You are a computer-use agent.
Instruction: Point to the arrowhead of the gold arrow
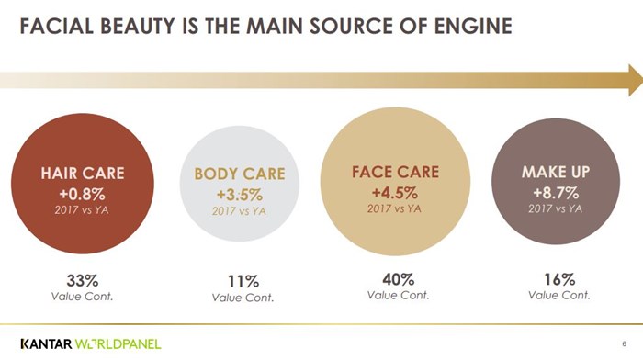(x=636, y=80)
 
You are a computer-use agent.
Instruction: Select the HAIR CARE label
(x=83, y=173)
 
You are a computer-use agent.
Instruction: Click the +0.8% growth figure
(x=83, y=194)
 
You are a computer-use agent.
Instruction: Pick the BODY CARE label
(x=240, y=174)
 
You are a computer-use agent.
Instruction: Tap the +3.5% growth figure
(x=240, y=195)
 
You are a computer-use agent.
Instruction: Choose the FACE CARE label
(x=395, y=172)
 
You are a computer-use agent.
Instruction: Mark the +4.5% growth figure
(x=395, y=192)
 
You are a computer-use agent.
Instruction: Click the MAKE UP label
(x=556, y=172)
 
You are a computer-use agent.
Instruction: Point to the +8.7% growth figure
(x=556, y=192)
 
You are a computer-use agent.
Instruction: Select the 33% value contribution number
(x=83, y=281)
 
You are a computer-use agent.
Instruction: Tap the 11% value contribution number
(x=243, y=282)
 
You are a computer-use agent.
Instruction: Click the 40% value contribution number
(x=398, y=279)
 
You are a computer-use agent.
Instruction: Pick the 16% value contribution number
(x=559, y=279)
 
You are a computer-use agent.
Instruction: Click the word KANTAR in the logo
(x=46, y=343)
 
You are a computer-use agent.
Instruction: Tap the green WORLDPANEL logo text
(x=118, y=343)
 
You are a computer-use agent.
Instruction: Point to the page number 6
(x=624, y=343)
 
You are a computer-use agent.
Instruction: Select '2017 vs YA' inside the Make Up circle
(x=555, y=208)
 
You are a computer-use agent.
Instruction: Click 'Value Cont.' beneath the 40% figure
(x=398, y=295)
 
